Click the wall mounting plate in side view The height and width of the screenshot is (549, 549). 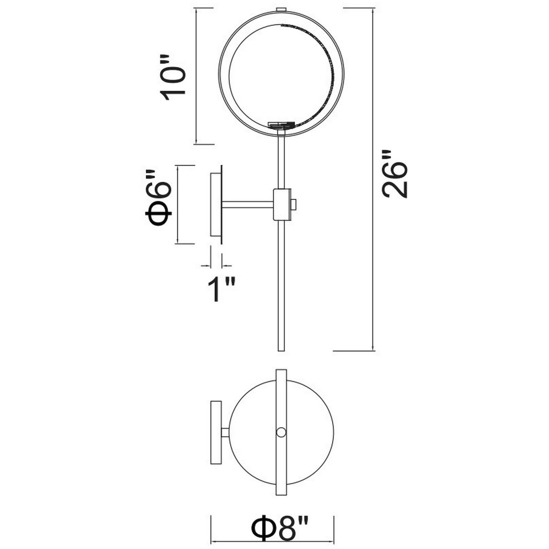(216, 205)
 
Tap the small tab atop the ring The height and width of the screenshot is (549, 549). (281, 9)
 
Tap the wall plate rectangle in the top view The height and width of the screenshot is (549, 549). (216, 432)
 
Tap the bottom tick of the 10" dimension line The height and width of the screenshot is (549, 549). (196, 144)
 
